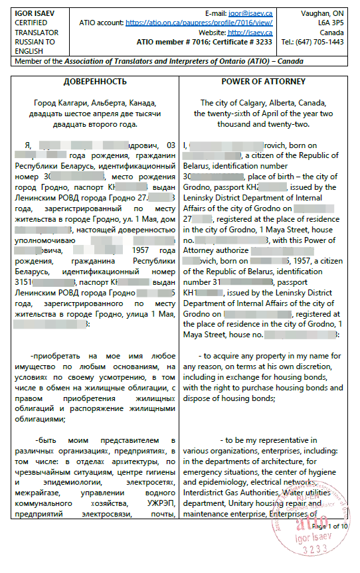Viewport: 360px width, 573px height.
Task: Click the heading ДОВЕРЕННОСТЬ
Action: click(x=94, y=82)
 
